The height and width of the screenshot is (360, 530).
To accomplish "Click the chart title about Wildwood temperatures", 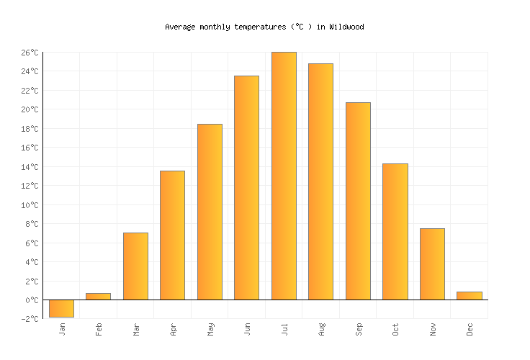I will point(264,27).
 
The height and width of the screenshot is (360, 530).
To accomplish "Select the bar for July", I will point(284,176).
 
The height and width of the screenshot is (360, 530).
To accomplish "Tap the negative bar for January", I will point(61,308).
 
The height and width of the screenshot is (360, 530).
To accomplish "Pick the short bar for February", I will point(98,296).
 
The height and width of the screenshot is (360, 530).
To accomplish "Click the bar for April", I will point(172,235).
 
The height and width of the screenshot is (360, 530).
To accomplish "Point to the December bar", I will point(469,295).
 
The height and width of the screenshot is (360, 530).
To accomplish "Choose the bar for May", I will point(210,212).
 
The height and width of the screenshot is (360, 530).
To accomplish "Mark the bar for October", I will point(395,231).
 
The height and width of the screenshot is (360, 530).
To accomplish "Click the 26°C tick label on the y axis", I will point(29,53).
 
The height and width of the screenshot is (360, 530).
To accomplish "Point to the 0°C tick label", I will point(31,300).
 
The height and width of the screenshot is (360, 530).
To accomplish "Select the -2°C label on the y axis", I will point(29,319).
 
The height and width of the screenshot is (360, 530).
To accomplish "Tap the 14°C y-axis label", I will point(29,167).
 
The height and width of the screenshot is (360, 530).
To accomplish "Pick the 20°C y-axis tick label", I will point(29,109).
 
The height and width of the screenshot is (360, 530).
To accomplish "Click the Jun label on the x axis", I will point(247,329).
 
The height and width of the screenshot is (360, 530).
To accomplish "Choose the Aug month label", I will point(321,329).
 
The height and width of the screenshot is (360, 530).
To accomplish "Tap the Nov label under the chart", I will point(433,329).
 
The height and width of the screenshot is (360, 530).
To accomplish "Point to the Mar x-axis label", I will point(136,329).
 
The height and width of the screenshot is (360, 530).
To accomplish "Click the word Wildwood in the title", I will point(346,27).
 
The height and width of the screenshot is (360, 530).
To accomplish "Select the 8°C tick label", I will point(31,224).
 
